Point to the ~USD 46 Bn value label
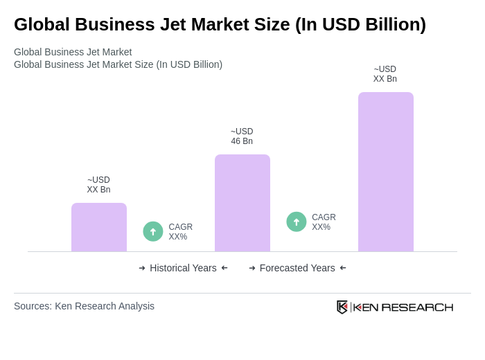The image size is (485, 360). [x=242, y=136]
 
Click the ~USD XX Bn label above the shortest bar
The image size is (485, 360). [x=98, y=185]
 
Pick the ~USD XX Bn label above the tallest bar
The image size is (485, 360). [x=385, y=74]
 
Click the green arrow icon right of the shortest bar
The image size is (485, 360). [x=153, y=231]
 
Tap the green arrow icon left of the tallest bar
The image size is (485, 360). [x=297, y=222]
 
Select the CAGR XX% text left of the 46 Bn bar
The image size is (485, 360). [x=180, y=232]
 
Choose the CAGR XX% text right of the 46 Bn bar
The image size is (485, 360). [x=324, y=222]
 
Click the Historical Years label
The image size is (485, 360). [x=183, y=268]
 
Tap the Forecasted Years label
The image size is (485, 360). [x=297, y=268]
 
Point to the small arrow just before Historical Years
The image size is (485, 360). [x=142, y=268]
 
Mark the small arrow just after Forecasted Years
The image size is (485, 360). [x=343, y=268]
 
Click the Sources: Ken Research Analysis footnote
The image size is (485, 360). [x=84, y=306]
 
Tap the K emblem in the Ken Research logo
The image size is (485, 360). [x=342, y=307]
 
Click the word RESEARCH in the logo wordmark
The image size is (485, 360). [x=417, y=307]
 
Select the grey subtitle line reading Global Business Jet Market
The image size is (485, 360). [x=73, y=52]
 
